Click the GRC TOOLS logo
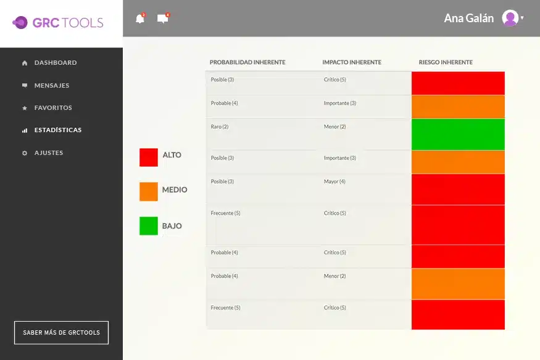pyautogui.click(x=58, y=23)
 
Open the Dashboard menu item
pyautogui.click(x=55, y=63)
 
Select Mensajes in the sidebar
pyautogui.click(x=51, y=86)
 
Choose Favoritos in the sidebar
pyautogui.click(x=52, y=108)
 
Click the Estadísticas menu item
pyautogui.click(x=57, y=130)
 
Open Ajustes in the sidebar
pyautogui.click(x=48, y=153)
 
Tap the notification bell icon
pyautogui.click(x=140, y=19)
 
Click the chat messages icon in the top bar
pyautogui.click(x=163, y=19)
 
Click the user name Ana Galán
pyautogui.click(x=468, y=19)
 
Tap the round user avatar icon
pyautogui.click(x=510, y=19)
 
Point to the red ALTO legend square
pyautogui.click(x=149, y=157)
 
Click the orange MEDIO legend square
pyautogui.click(x=149, y=191)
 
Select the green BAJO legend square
pyautogui.click(x=149, y=226)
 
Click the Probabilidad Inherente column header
pyautogui.click(x=247, y=62)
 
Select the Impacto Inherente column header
pyautogui.click(x=352, y=62)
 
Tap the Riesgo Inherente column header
pyautogui.click(x=446, y=62)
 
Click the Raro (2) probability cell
pyautogui.click(x=220, y=127)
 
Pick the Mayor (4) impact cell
pyautogui.click(x=334, y=182)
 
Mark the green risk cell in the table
pyautogui.click(x=458, y=134)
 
